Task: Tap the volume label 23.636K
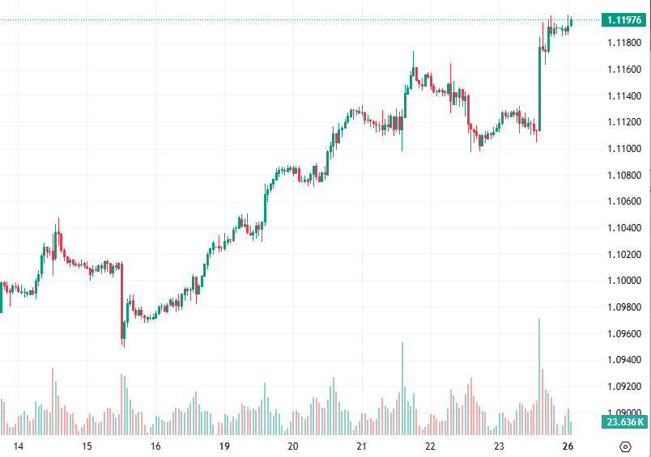point(623,422)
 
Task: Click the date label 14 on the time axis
point(19,446)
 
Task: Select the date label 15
point(87,446)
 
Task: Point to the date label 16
point(155,446)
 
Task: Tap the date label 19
point(224,446)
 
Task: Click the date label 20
point(293,446)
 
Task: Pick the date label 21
point(362,446)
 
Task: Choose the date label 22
point(431,446)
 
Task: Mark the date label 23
point(500,446)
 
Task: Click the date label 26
point(568,446)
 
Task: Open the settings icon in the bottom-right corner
point(625,446)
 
